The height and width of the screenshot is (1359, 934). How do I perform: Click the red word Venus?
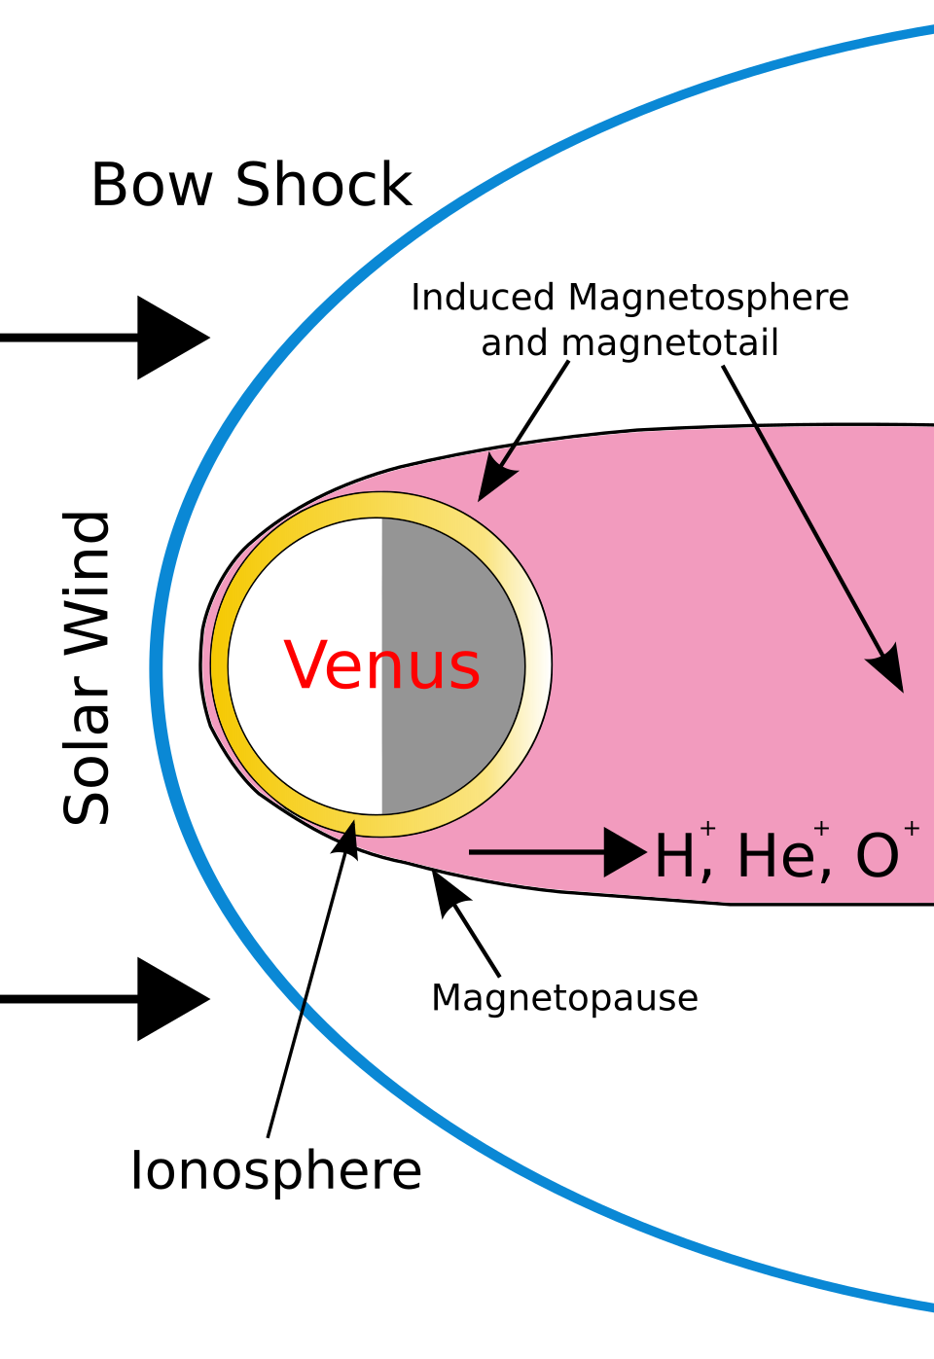pyautogui.click(x=381, y=666)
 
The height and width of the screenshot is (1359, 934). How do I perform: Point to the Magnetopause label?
pyautogui.click(x=564, y=998)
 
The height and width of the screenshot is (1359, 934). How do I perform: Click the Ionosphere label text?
pyautogui.click(x=276, y=1170)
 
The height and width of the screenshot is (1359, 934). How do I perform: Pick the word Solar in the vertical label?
pyautogui.click(x=88, y=750)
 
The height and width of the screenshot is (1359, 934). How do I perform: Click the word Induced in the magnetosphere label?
pyautogui.click(x=483, y=298)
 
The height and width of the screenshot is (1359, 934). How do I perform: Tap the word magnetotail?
pyautogui.click(x=670, y=342)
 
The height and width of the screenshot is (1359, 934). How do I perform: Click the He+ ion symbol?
pyautogui.click(x=778, y=854)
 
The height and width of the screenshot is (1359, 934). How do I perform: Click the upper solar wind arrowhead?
pyautogui.click(x=171, y=338)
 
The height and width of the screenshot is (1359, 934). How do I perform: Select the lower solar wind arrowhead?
pyautogui.click(x=171, y=999)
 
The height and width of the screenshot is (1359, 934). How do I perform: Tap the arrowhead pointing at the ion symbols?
pyautogui.click(x=624, y=853)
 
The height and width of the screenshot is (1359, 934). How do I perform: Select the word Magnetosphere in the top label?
pyautogui.click(x=708, y=298)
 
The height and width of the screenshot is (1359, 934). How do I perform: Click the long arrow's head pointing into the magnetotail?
pyautogui.click(x=888, y=669)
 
